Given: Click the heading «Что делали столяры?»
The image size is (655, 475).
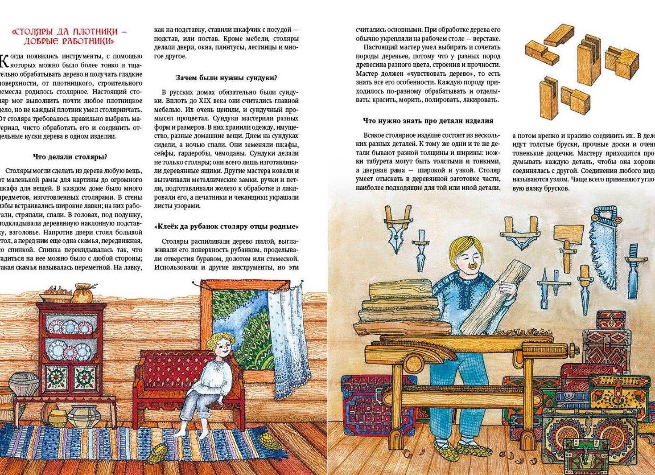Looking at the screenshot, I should click(x=70, y=157).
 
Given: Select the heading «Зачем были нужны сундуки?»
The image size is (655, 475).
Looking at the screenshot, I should click(x=226, y=78).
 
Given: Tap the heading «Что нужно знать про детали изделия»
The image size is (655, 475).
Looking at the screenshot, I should click(x=428, y=121).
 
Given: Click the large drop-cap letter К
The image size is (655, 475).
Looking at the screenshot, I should click(x=3, y=60).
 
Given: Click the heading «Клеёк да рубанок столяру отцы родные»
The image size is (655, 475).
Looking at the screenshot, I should click(x=226, y=226).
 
